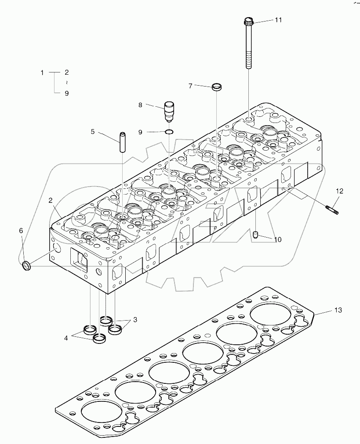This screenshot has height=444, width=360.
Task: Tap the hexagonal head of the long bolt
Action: click(248, 21)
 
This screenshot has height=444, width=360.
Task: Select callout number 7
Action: click(190, 86)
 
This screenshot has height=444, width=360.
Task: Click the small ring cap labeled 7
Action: click(217, 87)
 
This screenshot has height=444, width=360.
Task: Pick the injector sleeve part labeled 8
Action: click(168, 112)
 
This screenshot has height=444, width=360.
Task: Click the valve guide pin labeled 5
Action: click(123, 141)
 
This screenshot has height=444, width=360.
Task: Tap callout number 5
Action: click(93, 131)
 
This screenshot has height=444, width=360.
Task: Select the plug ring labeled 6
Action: click(27, 265)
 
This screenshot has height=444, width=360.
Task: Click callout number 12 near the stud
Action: click(339, 191)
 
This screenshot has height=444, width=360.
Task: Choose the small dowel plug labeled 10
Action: click(256, 236)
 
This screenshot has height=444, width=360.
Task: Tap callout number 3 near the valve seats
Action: click(135, 320)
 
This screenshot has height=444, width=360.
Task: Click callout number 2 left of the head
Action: click(51, 200)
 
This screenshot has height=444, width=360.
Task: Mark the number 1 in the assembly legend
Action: click(42, 72)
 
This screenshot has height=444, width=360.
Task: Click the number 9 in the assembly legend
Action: click(66, 93)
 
